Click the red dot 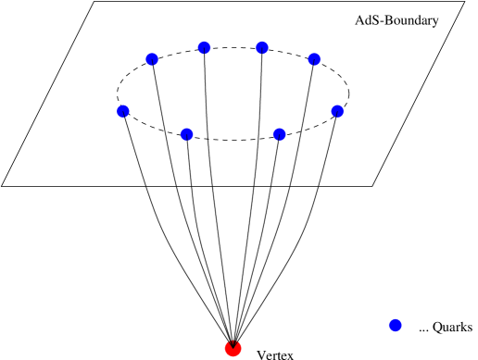coord(233,349)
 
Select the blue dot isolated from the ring coord(395,325)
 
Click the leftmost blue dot coord(123,111)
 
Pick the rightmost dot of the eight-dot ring coord(337,111)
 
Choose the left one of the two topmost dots coord(204,47)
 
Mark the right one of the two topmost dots coord(261,47)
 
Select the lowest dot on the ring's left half coord(186,134)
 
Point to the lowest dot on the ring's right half coord(279,134)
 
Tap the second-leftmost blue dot coord(152,59)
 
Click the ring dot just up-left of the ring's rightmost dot coord(314,59)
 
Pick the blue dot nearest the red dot coord(395,325)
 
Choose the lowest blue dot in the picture coord(395,325)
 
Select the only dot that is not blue coord(233,349)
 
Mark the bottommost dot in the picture coord(233,349)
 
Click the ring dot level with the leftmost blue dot coord(337,111)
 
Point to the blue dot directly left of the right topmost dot coord(204,47)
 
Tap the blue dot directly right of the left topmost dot coord(261,47)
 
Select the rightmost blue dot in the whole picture coord(395,325)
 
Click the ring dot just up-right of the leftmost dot coord(152,59)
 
